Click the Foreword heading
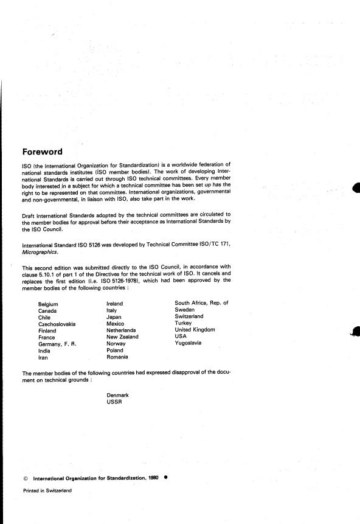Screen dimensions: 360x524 coord(50,152)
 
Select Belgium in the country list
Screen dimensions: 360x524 coord(48,304)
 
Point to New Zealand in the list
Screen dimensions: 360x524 coord(122,337)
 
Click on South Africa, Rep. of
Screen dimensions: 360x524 coord(201,303)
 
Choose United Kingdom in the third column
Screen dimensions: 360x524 coord(195,330)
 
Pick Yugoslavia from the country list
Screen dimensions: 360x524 coord(188,343)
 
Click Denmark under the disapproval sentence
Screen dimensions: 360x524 coord(117,395)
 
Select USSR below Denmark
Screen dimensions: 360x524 coord(114,402)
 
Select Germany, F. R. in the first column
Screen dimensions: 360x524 coord(57,344)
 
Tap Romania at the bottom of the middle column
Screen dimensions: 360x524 coord(118,357)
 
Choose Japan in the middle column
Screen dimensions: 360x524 coord(114,317)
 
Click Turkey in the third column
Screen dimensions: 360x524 coord(183,323)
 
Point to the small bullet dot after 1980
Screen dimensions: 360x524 coord(165,478)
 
